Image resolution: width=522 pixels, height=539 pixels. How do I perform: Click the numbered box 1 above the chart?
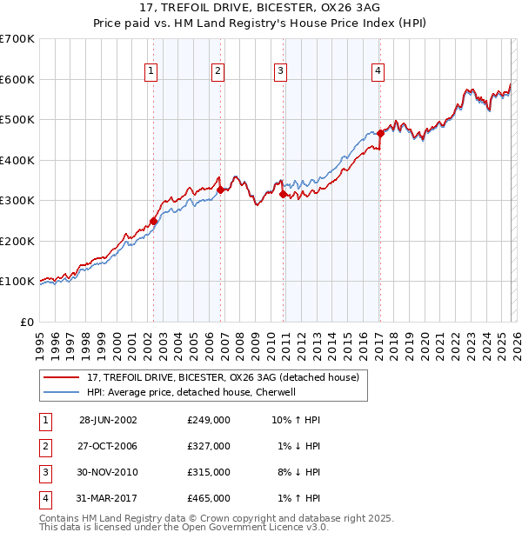151,72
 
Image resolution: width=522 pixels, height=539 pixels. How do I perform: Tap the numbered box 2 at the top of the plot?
217,72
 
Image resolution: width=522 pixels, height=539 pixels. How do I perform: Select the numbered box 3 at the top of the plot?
281,72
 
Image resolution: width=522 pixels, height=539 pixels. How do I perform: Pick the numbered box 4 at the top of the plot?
378,72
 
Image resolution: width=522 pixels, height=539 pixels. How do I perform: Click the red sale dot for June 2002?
154,221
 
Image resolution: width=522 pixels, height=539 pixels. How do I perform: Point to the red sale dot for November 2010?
284,195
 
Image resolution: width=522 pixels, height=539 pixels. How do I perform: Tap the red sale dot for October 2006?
221,190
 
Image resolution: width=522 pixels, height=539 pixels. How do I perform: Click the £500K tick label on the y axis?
17,119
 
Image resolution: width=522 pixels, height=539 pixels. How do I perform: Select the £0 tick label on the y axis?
27,322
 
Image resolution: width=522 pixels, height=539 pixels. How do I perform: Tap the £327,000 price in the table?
208,446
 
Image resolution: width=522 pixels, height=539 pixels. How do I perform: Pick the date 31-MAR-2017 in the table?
108,498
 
